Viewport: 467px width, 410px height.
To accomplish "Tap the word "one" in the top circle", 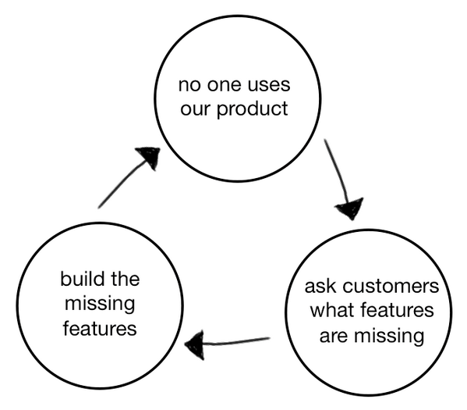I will pos(222,82).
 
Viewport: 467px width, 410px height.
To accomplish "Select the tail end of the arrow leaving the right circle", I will pos(269,339).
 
